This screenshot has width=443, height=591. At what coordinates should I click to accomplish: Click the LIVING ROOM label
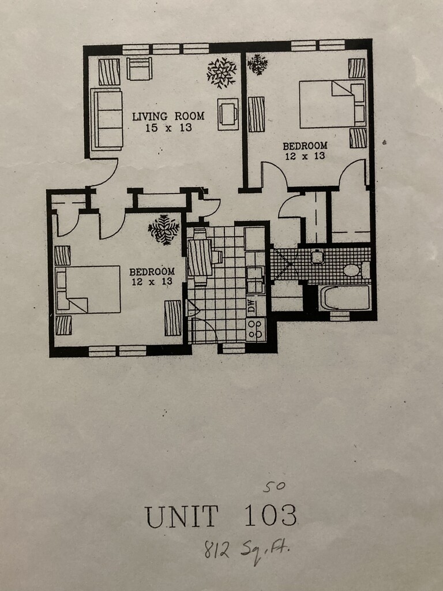(168, 116)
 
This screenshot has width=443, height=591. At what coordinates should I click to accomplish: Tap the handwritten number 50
(274, 486)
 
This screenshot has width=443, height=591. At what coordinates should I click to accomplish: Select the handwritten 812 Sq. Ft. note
(246, 549)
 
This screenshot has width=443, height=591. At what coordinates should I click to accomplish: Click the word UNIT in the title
(182, 516)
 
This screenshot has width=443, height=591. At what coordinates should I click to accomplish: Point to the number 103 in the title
(271, 515)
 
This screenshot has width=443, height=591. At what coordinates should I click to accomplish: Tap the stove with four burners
(256, 330)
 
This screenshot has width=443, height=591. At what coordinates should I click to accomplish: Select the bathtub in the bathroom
(345, 298)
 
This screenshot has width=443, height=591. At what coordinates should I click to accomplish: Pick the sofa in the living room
(107, 119)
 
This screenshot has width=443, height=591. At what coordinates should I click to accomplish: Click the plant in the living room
(221, 72)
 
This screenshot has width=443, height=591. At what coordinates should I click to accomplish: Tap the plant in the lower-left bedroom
(163, 229)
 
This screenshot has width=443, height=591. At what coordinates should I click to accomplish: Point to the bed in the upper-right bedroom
(332, 104)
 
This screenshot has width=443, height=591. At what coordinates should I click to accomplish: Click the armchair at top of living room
(139, 69)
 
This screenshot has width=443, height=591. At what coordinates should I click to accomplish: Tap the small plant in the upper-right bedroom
(257, 63)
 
